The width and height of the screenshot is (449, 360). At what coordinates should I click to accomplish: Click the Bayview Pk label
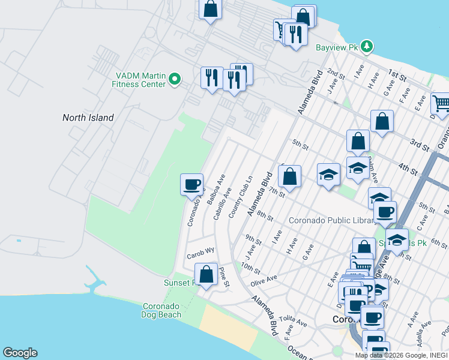[337, 46]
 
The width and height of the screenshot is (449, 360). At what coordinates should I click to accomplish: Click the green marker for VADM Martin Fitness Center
[175, 79]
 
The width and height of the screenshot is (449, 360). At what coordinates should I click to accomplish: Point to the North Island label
[88, 118]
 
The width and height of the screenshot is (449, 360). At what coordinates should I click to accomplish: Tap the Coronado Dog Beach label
[161, 310]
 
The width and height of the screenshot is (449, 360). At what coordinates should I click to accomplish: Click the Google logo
[20, 353]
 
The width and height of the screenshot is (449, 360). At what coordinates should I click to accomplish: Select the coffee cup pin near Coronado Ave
[192, 184]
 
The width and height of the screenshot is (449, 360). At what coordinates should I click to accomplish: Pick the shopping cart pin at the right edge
[441, 103]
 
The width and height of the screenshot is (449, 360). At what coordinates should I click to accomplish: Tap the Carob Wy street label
[200, 253]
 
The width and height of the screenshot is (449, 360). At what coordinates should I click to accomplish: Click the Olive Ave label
[264, 280]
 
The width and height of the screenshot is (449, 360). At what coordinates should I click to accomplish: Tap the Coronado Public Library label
[331, 220]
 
